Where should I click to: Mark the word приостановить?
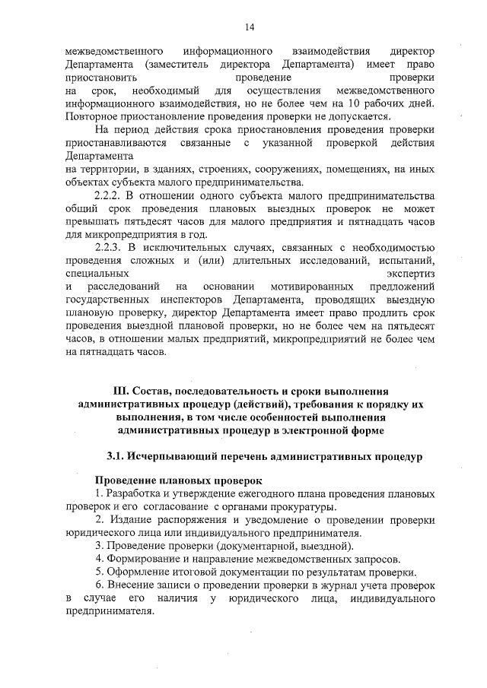101,78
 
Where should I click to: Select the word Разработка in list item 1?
135,494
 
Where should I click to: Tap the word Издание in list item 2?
129,520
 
